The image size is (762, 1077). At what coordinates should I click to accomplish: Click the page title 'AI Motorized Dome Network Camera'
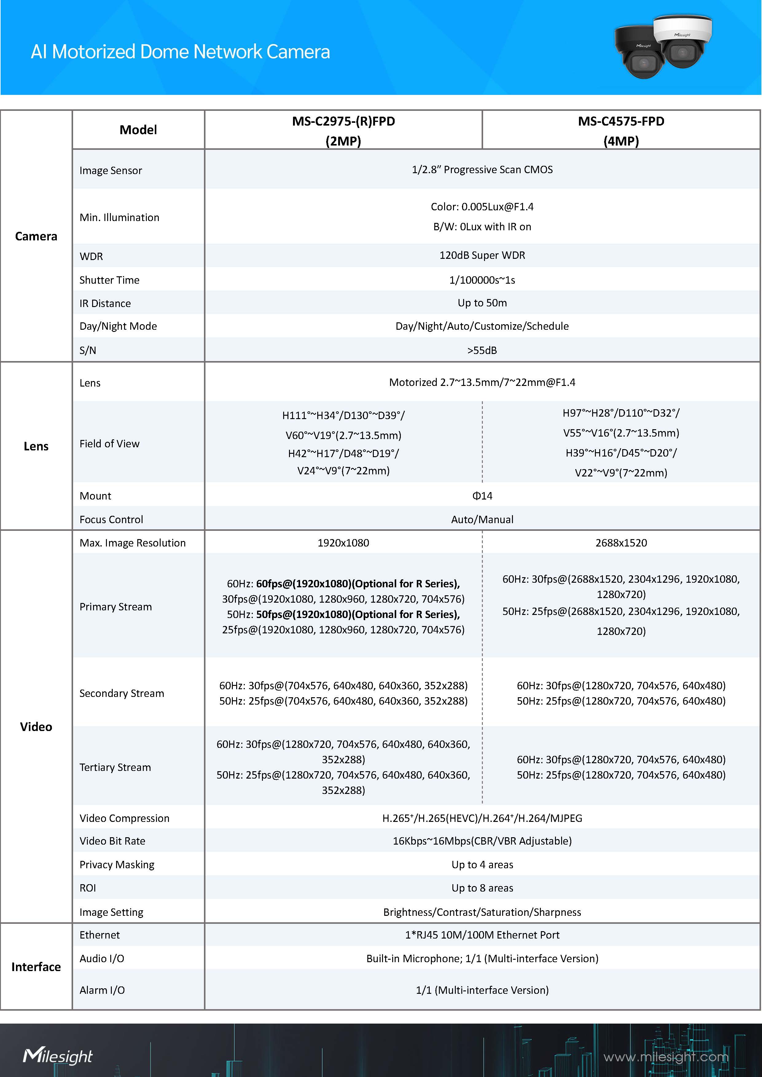(180, 52)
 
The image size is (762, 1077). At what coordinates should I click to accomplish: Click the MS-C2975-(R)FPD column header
(343, 130)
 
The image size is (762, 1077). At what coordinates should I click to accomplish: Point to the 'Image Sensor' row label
(111, 170)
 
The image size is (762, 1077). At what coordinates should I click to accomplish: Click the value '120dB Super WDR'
(482, 255)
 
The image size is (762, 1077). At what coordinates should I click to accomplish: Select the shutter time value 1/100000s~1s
(482, 280)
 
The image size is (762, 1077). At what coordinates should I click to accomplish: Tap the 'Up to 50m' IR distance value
(482, 303)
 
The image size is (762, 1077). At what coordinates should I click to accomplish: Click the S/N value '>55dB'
(482, 350)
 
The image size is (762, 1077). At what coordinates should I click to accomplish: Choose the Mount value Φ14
(482, 496)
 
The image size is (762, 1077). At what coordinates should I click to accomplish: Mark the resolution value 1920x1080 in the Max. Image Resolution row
(343, 543)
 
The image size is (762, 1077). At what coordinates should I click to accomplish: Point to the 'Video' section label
(36, 727)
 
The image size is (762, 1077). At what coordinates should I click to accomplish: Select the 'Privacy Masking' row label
(117, 865)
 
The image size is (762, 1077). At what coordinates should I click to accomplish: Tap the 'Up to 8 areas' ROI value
(482, 888)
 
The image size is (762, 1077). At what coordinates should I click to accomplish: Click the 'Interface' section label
(36, 967)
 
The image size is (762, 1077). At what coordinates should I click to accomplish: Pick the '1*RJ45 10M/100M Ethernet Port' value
(482, 935)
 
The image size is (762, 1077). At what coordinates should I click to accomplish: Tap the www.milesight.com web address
(666, 1057)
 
